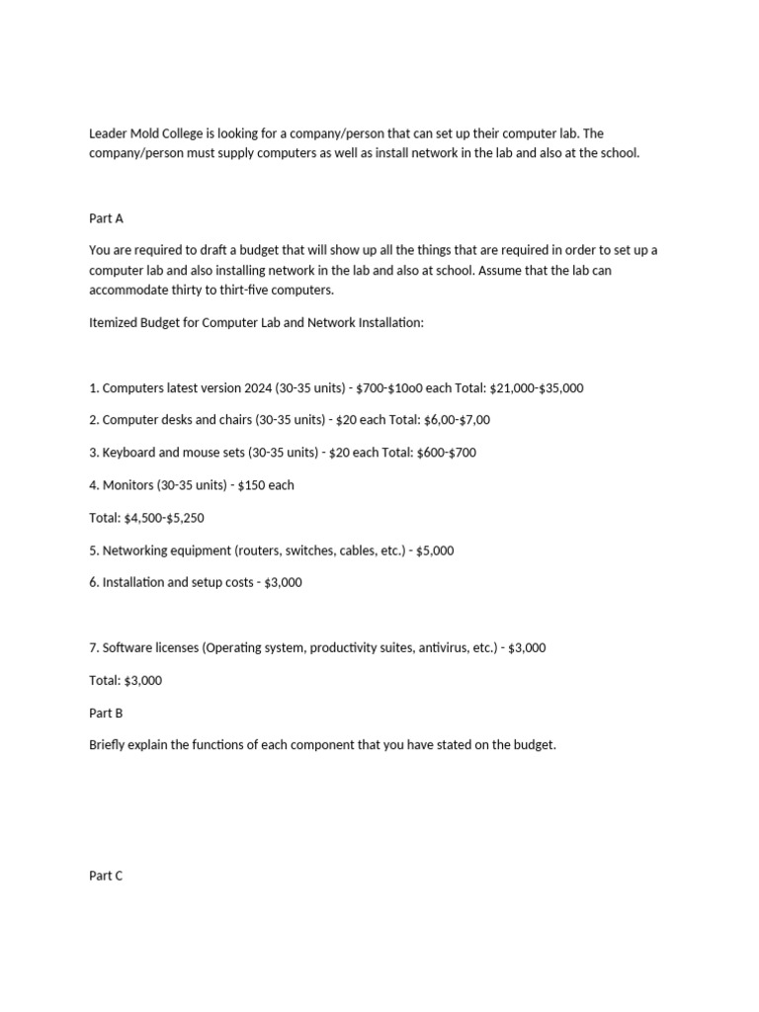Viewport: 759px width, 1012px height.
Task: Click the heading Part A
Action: click(x=106, y=218)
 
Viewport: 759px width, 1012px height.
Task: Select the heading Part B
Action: click(x=106, y=713)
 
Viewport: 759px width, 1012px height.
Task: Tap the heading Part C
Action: click(x=106, y=876)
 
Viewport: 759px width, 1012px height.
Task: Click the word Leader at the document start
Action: click(x=109, y=133)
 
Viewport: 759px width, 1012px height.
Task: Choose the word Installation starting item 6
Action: click(x=136, y=583)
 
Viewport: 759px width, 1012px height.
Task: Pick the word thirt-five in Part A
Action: click(x=286, y=290)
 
